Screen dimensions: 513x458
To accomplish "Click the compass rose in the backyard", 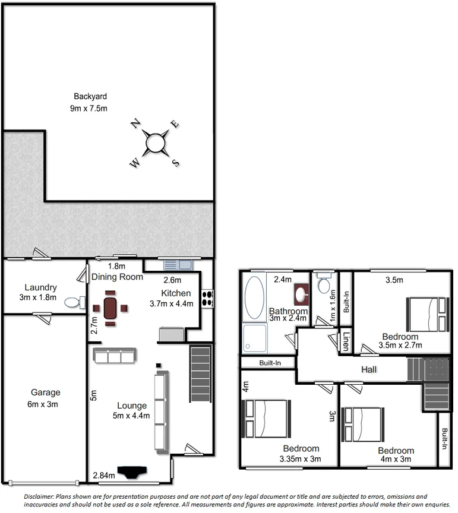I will [x=154, y=143].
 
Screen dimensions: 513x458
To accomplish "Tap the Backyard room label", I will [x=90, y=96].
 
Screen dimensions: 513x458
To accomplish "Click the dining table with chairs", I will [x=110, y=308].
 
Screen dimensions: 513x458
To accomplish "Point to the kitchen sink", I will [x=175, y=265].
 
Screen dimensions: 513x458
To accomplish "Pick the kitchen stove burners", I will [x=207, y=298].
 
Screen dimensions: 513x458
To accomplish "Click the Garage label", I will [x=46, y=392].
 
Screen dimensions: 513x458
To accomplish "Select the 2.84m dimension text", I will [x=103, y=474].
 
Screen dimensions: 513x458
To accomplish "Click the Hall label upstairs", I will [x=369, y=369].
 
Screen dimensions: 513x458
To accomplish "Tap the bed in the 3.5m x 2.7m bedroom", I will [x=426, y=314].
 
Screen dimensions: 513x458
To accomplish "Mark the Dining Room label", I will [x=117, y=277].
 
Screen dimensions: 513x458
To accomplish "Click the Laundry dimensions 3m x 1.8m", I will [x=37, y=297].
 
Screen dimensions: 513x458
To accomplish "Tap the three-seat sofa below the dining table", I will [x=114, y=356].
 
